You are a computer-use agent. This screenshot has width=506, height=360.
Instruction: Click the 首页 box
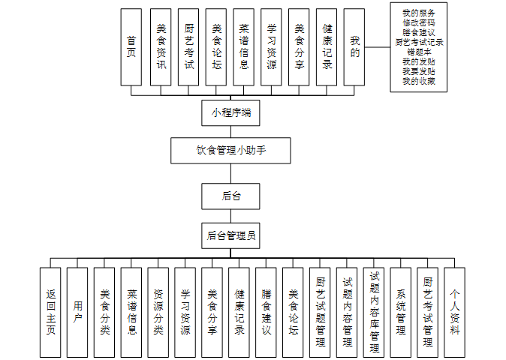point(131,47)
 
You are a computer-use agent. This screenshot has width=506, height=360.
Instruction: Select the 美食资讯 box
point(160,47)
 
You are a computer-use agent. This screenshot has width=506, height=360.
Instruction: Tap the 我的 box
point(354,47)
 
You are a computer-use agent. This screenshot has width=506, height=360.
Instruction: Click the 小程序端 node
point(230,112)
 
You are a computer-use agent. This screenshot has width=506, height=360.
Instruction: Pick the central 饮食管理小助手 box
point(230,150)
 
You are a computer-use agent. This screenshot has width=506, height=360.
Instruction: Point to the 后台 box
point(230,196)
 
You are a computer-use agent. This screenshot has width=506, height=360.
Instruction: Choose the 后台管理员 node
point(230,235)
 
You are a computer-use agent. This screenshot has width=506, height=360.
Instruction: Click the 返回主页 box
point(50,310)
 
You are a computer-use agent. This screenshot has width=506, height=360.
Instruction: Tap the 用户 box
point(77,310)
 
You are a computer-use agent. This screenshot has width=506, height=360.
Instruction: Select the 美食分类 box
point(104,310)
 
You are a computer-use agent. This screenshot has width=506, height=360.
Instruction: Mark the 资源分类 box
point(158,310)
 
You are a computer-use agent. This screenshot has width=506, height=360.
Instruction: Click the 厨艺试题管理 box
point(320,310)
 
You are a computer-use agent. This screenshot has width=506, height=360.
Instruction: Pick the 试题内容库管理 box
point(374,310)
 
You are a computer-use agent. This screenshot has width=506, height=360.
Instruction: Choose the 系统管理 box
point(401,310)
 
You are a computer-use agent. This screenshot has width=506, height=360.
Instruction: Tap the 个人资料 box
point(454,310)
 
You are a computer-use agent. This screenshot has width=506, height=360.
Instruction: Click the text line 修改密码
point(418,23)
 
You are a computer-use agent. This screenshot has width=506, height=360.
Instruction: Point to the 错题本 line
point(418,52)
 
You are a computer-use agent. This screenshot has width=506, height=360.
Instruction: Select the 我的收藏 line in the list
point(418,81)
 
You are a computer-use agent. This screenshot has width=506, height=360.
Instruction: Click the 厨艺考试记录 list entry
point(418,43)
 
